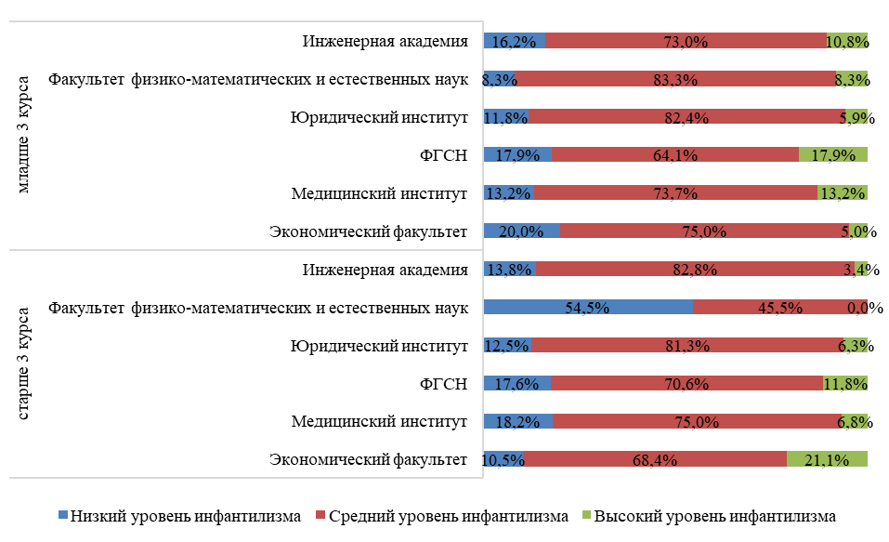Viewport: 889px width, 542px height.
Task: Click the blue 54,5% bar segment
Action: point(588,308)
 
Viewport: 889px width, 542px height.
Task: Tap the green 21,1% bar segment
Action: point(827,459)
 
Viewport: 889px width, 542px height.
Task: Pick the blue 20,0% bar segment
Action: point(522,231)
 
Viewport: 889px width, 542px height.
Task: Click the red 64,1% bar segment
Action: point(674,155)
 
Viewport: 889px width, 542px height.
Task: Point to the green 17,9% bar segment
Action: point(832,155)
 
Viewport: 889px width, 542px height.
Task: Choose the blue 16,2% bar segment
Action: point(515,41)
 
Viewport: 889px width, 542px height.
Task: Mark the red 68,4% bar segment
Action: point(655,459)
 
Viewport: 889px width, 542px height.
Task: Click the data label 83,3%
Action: point(675,80)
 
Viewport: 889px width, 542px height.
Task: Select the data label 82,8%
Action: point(695,270)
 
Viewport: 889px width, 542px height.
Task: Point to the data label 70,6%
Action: point(686,383)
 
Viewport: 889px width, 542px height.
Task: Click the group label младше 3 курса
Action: point(26,136)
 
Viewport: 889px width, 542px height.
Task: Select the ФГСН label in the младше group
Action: point(442,155)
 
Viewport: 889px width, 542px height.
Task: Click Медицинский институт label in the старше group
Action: point(378,421)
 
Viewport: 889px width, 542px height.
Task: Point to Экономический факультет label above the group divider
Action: point(367,231)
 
